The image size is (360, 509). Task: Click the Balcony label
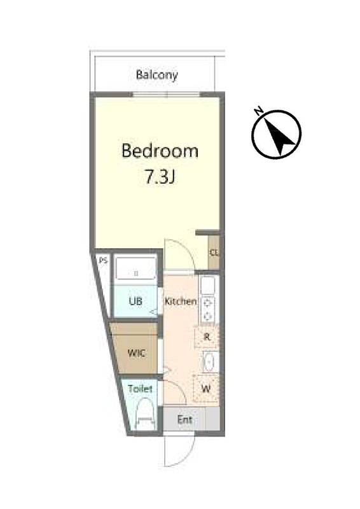point(157,75)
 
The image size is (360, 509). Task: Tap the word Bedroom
point(160,151)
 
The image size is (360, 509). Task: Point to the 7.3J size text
point(160,177)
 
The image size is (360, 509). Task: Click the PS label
point(103,260)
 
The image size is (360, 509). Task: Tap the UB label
point(135,301)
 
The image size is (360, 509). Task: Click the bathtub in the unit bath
point(135,268)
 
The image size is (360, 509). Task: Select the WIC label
point(137,353)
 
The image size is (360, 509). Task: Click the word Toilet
point(140,389)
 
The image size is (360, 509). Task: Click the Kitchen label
point(181,301)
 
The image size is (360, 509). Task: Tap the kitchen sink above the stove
point(208,285)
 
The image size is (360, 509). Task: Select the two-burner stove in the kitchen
point(208,309)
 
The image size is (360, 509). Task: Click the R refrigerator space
point(207,337)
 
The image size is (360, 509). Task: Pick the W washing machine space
point(206,389)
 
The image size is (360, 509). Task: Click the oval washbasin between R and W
point(210,361)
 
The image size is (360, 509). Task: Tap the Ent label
point(184,420)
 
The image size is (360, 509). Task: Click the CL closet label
point(214,252)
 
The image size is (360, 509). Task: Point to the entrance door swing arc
point(186,457)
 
